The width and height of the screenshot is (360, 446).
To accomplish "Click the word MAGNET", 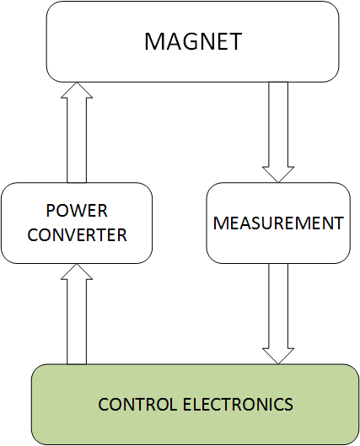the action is click(x=193, y=41).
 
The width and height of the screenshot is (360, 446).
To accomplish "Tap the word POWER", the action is click(x=77, y=211).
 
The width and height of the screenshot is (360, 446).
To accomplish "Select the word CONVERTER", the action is click(x=77, y=235).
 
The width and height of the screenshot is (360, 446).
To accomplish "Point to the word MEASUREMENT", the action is click(x=278, y=223).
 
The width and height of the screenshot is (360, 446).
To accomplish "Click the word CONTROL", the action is click(x=137, y=404).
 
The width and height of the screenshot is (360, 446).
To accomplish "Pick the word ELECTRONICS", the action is click(x=238, y=404).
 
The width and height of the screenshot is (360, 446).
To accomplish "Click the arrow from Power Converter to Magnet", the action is click(x=77, y=132).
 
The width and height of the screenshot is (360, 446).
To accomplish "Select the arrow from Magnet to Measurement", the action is click(x=278, y=132).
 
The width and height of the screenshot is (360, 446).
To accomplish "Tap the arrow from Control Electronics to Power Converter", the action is click(x=77, y=314).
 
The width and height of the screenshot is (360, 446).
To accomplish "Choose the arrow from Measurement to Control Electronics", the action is click(x=278, y=314).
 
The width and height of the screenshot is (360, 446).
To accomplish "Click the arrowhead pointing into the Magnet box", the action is click(x=77, y=90).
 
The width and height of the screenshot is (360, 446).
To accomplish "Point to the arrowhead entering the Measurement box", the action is click(x=278, y=175).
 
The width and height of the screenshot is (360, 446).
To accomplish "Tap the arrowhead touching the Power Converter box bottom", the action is click(x=77, y=271).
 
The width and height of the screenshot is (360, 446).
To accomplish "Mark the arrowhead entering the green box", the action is click(x=278, y=357).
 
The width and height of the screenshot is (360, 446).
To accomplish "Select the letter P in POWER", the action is click(x=51, y=211).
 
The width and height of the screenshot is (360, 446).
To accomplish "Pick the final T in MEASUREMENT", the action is click(x=338, y=223).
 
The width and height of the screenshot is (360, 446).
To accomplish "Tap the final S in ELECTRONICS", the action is click(x=288, y=404).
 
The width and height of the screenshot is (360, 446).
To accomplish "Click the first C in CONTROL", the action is click(x=104, y=404).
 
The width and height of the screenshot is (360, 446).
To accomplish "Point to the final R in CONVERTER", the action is click(x=121, y=235).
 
